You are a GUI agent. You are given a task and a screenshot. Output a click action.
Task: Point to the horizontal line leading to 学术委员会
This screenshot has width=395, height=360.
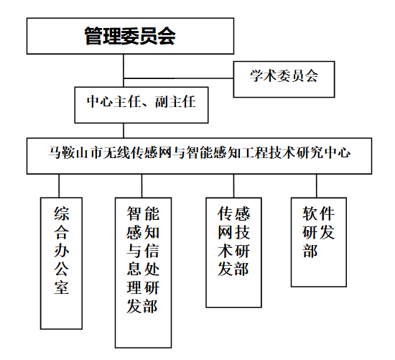[x=178, y=78]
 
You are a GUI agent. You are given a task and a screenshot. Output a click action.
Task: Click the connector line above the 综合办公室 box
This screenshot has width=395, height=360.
[x=59, y=186]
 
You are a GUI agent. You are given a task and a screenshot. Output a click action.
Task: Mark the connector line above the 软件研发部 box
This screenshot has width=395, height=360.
[x=317, y=186]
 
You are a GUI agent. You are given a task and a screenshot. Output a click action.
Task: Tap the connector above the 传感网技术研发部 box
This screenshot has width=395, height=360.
[x=233, y=186]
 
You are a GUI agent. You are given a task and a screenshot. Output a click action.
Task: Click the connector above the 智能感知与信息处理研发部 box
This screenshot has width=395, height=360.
[x=141, y=186]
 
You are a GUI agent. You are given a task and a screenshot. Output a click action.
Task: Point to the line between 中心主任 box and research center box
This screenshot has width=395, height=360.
[x=124, y=130]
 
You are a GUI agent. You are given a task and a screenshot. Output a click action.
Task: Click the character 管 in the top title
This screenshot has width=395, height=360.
[x=93, y=36]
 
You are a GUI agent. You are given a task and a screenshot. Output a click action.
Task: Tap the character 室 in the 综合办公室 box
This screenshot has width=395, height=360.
[x=61, y=287]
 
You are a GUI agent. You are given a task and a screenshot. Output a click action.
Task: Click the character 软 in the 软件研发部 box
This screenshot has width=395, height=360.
[x=310, y=213]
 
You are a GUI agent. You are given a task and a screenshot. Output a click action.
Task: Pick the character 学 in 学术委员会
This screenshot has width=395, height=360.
[x=256, y=75]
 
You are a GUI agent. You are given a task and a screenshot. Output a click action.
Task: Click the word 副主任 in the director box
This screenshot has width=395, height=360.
[x=175, y=101]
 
